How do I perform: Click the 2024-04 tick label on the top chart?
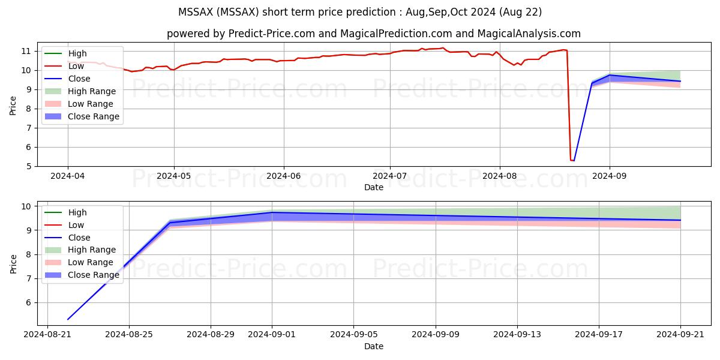67,176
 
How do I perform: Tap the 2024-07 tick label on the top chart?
390,176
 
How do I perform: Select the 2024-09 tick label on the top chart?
610,176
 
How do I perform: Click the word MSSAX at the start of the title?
194,12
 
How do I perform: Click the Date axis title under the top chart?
373,187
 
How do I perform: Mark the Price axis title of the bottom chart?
13,263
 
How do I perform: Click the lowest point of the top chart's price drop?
572,160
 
